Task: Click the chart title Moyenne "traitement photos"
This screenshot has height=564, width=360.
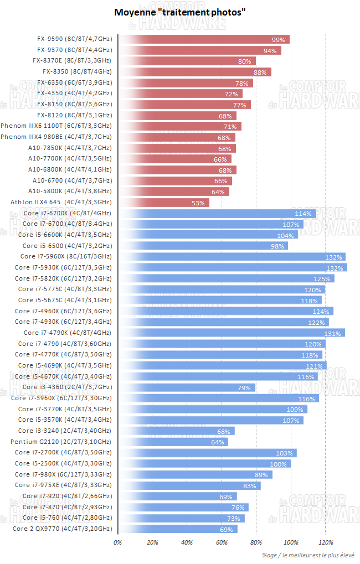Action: [x=179, y=12]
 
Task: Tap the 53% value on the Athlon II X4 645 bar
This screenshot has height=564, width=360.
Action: [x=198, y=203]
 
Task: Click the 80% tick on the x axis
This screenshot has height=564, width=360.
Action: [x=256, y=542]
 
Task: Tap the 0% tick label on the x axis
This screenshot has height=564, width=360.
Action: [x=117, y=542]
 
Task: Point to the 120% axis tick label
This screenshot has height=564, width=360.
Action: [x=326, y=542]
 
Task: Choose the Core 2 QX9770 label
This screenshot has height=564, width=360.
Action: [x=62, y=529]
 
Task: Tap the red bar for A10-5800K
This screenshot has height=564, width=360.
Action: [x=174, y=192]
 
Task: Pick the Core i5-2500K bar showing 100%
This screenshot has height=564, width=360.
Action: [x=204, y=464]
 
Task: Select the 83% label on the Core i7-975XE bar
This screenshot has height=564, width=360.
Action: [x=249, y=486]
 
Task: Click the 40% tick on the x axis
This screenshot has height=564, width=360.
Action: [x=187, y=542]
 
